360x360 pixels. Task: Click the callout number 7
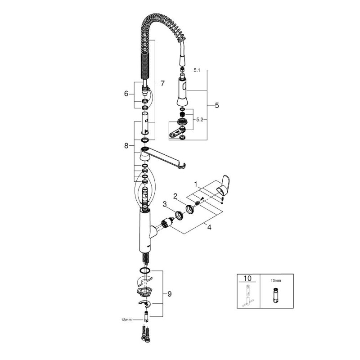click(x=162, y=83)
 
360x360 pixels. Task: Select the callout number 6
click(x=126, y=94)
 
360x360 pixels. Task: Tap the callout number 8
click(x=126, y=145)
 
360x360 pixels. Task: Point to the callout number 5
click(x=217, y=105)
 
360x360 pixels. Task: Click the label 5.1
click(x=197, y=70)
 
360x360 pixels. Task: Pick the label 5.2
click(x=200, y=120)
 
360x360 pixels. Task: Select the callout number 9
click(x=170, y=294)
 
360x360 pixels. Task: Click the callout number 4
click(x=209, y=227)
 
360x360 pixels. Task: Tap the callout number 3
click(x=164, y=204)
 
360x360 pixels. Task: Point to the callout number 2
click(x=175, y=196)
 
